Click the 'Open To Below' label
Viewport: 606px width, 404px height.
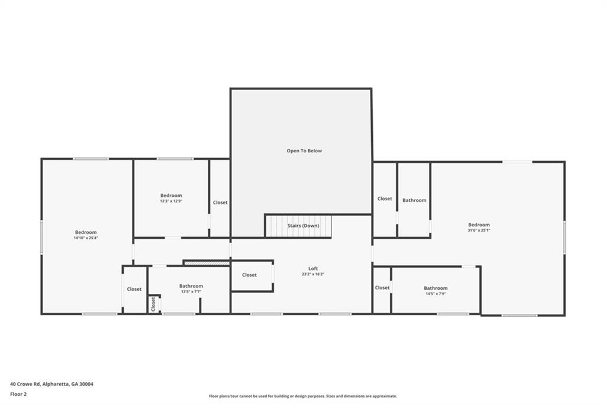(x=304, y=150)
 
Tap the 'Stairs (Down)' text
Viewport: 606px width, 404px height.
(x=304, y=226)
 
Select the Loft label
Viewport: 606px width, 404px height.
(x=313, y=268)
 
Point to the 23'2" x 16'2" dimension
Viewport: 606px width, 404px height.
(x=313, y=274)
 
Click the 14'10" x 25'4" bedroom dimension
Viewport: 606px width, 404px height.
(x=86, y=238)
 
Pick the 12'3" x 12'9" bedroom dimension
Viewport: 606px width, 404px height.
(x=171, y=201)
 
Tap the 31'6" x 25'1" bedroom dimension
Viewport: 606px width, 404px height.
(x=479, y=230)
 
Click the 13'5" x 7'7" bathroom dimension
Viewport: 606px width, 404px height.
(x=191, y=291)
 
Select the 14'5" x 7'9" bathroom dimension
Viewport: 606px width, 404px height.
(x=436, y=293)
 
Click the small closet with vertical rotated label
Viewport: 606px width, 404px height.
(x=153, y=304)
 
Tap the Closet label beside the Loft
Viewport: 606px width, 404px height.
(x=249, y=275)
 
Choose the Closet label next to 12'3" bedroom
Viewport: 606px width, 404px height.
(x=220, y=203)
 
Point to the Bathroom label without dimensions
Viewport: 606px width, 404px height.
(x=414, y=200)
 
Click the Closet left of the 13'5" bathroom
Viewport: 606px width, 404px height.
(x=134, y=289)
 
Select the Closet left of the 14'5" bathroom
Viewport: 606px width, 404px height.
(x=382, y=287)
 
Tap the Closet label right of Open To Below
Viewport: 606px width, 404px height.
(x=385, y=198)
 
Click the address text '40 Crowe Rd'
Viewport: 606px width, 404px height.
(x=25, y=384)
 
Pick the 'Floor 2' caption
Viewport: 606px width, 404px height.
(x=18, y=395)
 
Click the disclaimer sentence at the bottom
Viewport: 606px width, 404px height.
(x=303, y=396)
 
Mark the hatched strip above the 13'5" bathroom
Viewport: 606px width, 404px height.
(x=207, y=263)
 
